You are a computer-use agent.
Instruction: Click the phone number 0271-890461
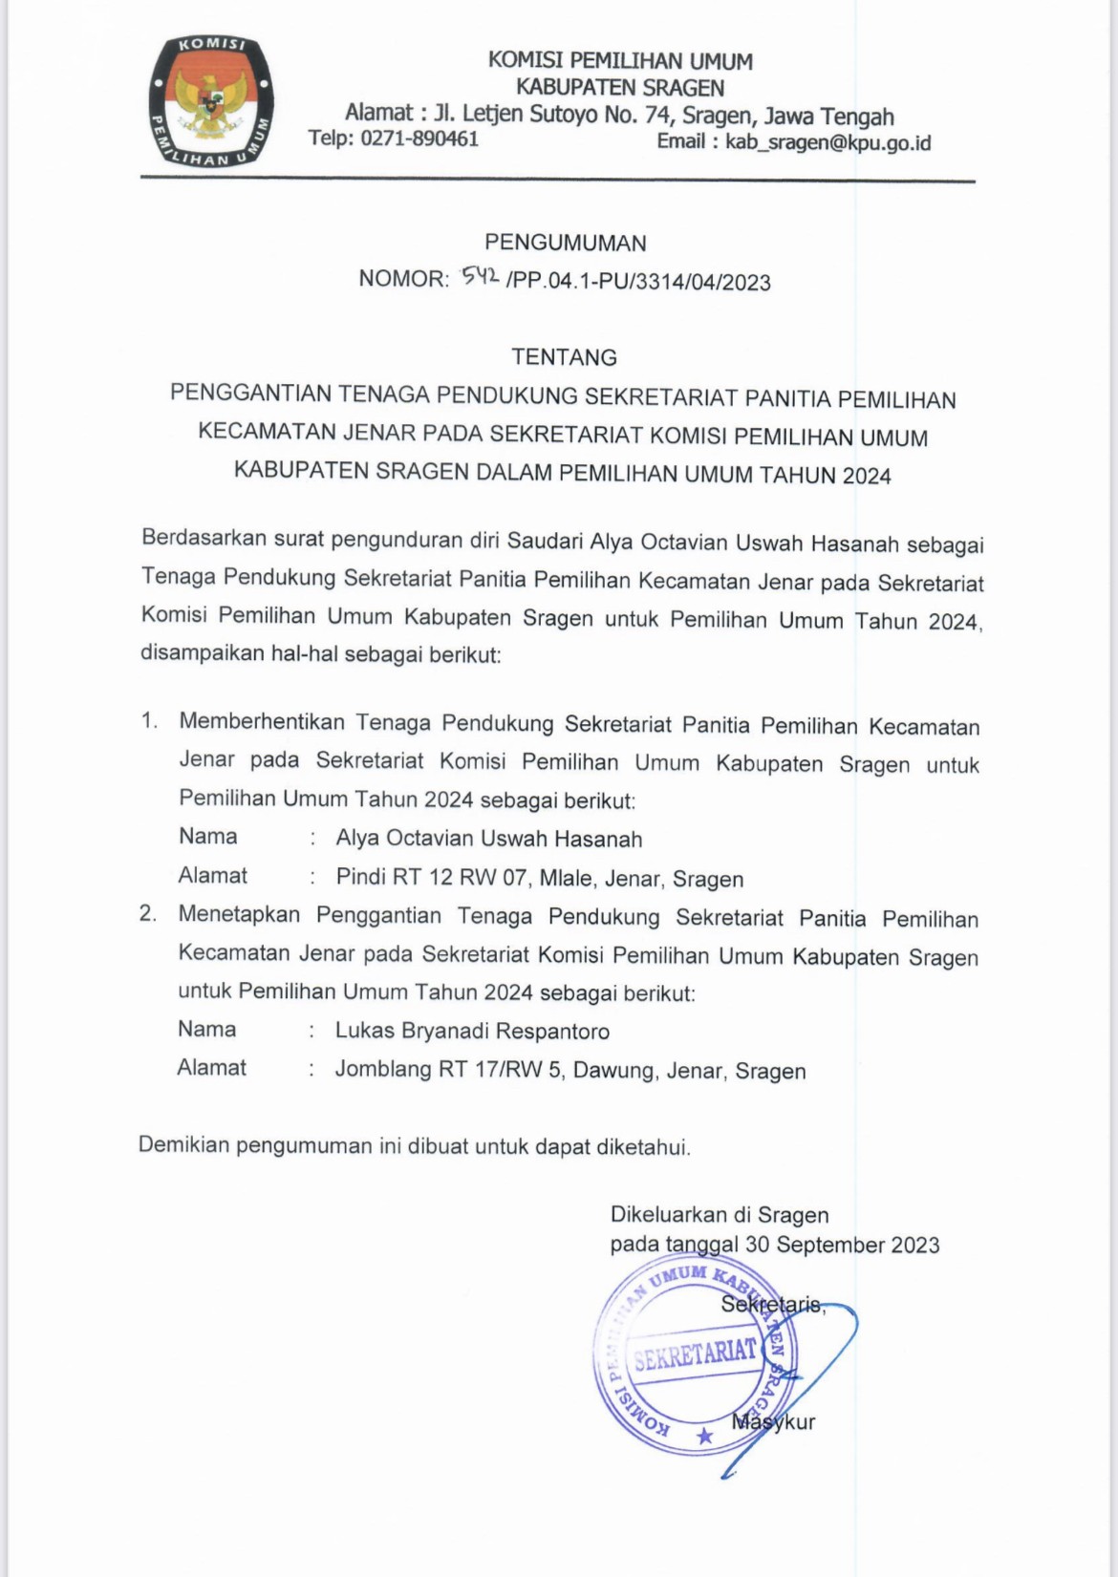click(x=419, y=139)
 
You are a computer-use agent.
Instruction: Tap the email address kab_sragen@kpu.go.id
click(x=828, y=143)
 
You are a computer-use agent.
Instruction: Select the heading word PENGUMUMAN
click(x=565, y=243)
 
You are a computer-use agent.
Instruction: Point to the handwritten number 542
click(x=479, y=277)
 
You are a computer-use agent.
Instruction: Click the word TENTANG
click(x=564, y=357)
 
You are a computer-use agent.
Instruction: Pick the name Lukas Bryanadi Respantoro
click(x=472, y=1032)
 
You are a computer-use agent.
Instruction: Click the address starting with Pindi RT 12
click(x=539, y=878)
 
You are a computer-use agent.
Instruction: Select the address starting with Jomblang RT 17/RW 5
click(x=570, y=1070)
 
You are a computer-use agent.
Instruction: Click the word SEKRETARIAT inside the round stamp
click(x=695, y=1353)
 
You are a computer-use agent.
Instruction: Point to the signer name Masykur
click(x=773, y=1421)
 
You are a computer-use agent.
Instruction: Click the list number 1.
click(x=149, y=721)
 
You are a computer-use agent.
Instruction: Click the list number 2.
click(x=147, y=914)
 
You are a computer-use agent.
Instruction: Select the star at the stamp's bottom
click(x=704, y=1436)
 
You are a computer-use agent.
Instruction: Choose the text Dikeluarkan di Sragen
click(x=719, y=1215)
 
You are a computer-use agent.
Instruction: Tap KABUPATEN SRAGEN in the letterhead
click(x=619, y=88)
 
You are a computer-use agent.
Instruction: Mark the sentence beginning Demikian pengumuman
click(x=414, y=1145)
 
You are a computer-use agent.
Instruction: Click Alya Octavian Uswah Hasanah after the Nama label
click(x=488, y=839)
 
